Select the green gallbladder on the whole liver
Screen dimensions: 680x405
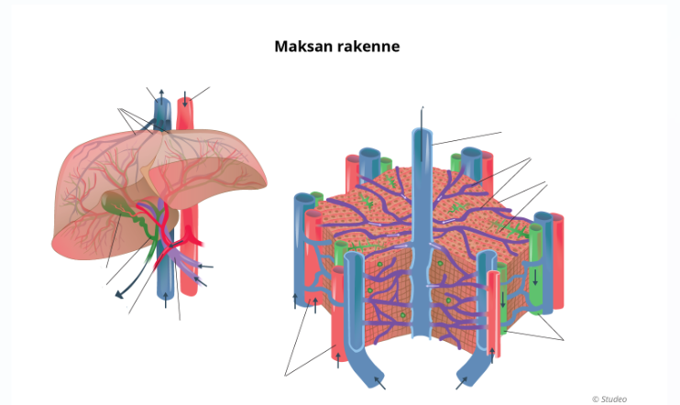[x=118, y=203]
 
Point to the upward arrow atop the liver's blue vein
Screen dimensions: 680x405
[x=161, y=93]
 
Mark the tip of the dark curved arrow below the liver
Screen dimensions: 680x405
[x=116, y=295]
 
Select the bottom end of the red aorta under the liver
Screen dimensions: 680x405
[x=188, y=290]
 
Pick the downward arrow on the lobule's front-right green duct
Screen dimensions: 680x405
[x=502, y=300]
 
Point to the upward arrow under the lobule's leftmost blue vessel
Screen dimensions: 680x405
[x=295, y=298]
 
